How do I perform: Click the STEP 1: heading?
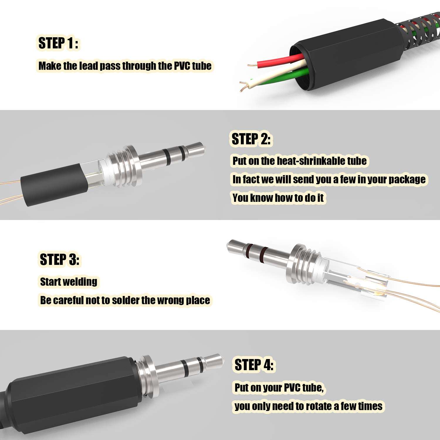(58, 43)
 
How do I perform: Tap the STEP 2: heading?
(251, 139)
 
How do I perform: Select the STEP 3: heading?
(60, 260)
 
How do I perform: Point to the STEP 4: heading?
(254, 365)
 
